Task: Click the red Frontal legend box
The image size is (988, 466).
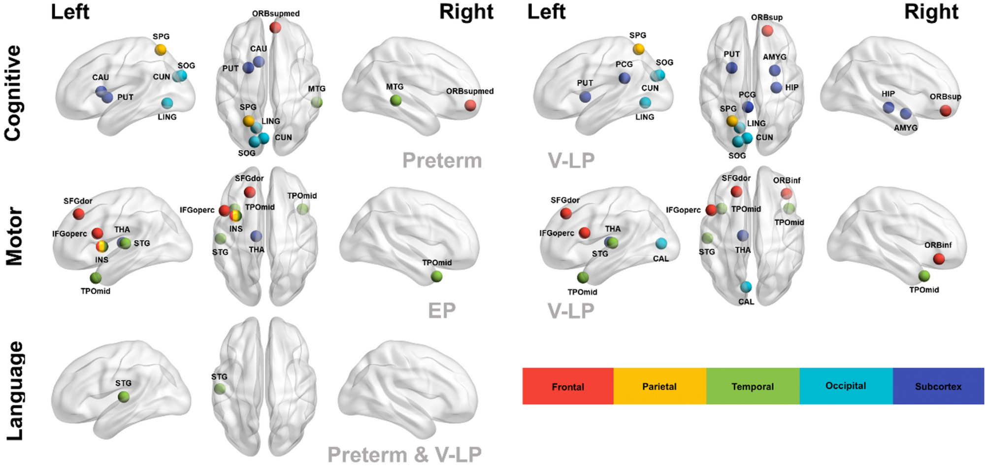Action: [x=568, y=386]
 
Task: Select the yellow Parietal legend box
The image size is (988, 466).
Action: [x=659, y=386]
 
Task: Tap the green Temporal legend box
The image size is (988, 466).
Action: [x=752, y=386]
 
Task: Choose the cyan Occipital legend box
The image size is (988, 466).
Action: [x=846, y=386]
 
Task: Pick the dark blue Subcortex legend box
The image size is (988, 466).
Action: [x=938, y=386]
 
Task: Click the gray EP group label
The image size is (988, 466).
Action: [x=442, y=310]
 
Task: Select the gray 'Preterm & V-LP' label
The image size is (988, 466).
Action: [x=404, y=454]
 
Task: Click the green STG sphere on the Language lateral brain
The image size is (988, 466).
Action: [x=124, y=397]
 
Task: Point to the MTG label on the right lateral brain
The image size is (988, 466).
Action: [x=395, y=87]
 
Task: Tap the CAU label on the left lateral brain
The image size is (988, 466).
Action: [x=100, y=77]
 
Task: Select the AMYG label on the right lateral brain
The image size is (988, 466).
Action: [x=906, y=128]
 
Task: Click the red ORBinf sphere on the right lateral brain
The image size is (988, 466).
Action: [x=939, y=258]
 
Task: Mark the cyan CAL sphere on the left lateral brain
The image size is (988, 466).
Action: [x=661, y=243]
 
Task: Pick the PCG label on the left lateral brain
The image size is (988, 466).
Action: [x=624, y=65]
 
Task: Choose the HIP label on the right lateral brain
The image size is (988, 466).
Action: [x=888, y=94]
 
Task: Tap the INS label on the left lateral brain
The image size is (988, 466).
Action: [x=102, y=260]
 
